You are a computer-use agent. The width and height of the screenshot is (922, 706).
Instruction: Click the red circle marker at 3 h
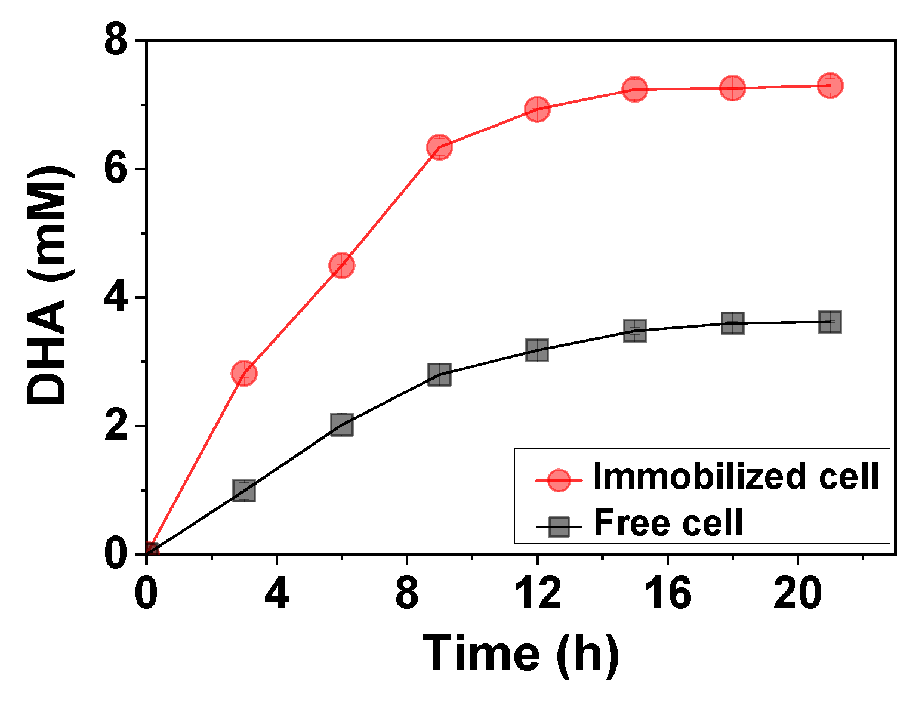point(243,373)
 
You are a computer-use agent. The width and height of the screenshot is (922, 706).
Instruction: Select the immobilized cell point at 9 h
point(439,147)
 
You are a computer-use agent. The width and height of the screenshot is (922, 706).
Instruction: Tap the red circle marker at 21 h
point(830,85)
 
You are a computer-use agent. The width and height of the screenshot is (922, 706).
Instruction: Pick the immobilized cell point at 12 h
point(537,109)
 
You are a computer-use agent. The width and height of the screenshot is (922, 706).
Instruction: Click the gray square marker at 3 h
point(243,491)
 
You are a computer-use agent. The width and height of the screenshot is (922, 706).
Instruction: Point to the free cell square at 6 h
point(341,424)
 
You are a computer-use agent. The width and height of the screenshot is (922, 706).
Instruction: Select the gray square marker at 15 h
point(635,330)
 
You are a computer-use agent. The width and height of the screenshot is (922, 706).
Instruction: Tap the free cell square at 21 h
point(830,322)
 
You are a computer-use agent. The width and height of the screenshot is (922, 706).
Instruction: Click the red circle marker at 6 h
point(341,265)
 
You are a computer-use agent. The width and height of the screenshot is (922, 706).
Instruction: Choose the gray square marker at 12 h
point(537,350)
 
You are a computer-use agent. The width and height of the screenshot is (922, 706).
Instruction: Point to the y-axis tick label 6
point(116,169)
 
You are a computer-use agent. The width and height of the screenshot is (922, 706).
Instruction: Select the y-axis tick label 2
point(116,426)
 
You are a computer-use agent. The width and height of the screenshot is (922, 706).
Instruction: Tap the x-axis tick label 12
point(537,594)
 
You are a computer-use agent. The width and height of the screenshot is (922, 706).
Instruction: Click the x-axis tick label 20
point(798,594)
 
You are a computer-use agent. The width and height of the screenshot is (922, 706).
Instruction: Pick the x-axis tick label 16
point(667,594)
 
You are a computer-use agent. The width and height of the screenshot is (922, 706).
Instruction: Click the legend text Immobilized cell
point(736,477)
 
